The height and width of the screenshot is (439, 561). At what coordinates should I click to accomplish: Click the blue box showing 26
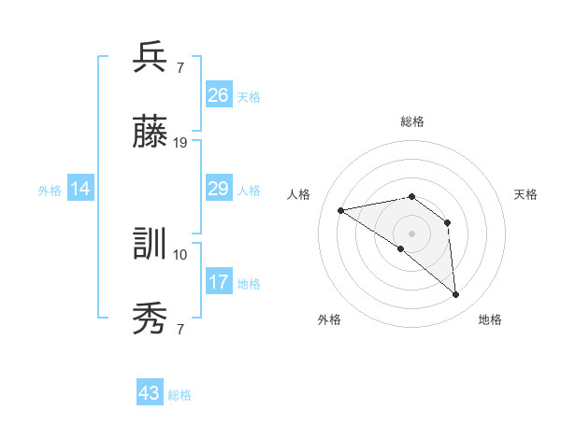pyautogui.click(x=219, y=95)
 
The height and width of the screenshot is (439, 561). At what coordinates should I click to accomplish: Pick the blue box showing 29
pyautogui.click(x=219, y=190)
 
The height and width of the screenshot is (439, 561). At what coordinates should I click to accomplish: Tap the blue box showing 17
pyautogui.click(x=219, y=282)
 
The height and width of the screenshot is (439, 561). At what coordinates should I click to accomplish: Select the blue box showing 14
pyautogui.click(x=80, y=190)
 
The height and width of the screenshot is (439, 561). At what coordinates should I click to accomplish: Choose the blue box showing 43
pyautogui.click(x=150, y=393)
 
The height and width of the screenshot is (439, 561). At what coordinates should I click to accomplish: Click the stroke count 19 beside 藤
pyautogui.click(x=181, y=143)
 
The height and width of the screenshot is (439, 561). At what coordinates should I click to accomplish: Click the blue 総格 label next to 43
pyautogui.click(x=180, y=395)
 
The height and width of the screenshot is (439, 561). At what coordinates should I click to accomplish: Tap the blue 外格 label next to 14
pyautogui.click(x=50, y=191)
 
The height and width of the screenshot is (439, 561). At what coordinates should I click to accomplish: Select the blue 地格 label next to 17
pyautogui.click(x=249, y=284)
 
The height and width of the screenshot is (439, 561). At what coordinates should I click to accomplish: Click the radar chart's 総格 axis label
pyautogui.click(x=412, y=121)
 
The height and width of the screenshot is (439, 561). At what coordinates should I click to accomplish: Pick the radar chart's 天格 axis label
pyautogui.click(x=525, y=194)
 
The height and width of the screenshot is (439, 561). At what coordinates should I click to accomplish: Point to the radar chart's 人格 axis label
pyautogui.click(x=299, y=194)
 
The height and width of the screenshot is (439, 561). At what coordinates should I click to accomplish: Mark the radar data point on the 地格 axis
pyautogui.click(x=456, y=295)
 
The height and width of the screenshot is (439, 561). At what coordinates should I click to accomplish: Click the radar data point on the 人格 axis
pyautogui.click(x=341, y=210)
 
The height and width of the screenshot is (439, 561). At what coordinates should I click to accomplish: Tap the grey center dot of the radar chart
pyautogui.click(x=412, y=233)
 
